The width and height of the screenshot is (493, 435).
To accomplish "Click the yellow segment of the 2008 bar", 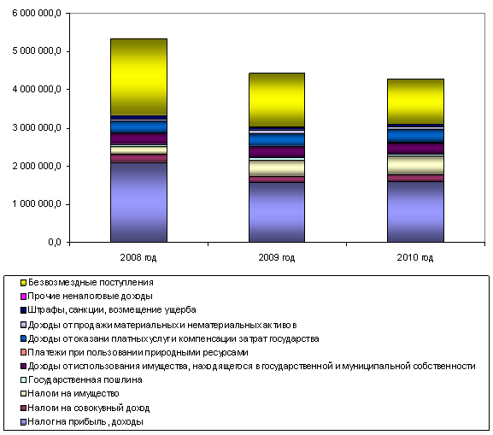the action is pos(138,77).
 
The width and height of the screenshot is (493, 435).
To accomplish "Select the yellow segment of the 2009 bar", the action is pos(277,100).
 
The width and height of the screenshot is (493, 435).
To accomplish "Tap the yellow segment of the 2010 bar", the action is pos(415,102).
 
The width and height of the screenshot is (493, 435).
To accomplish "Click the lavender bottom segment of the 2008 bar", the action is pos(138,203).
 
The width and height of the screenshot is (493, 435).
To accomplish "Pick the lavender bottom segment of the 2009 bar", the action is pos(277,212).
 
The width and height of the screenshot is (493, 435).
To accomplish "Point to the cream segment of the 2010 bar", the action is pos(415,166).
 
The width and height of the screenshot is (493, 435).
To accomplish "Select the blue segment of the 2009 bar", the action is pos(277,140).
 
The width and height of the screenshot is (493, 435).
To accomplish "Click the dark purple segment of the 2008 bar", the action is pos(138,138).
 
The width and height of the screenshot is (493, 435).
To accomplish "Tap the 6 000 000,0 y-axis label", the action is pos(37,13).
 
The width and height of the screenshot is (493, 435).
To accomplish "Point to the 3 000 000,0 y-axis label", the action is pos(37,127).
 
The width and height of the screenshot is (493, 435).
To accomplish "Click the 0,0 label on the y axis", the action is pos(55,242).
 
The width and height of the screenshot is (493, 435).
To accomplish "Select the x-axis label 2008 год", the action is pos(138,257).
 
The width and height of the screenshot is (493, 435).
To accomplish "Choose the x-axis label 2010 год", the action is pos(415,257).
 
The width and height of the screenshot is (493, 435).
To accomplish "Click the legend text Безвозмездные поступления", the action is pos(91,283).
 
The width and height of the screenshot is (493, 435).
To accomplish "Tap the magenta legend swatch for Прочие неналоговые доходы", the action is pos(23,297).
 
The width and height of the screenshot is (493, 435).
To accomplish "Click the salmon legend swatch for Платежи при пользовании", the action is pos(23,352).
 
